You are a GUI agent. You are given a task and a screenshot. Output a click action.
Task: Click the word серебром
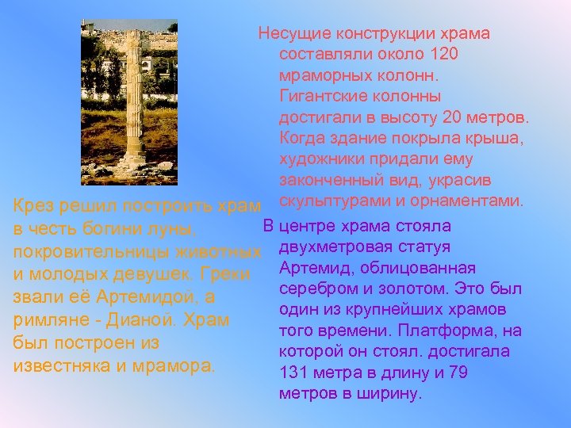pyautogui.click(x=314, y=289)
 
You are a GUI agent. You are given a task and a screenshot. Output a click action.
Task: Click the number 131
pyautogui.click(x=293, y=372)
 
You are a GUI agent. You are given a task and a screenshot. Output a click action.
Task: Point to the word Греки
pyautogui.click(x=228, y=276)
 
